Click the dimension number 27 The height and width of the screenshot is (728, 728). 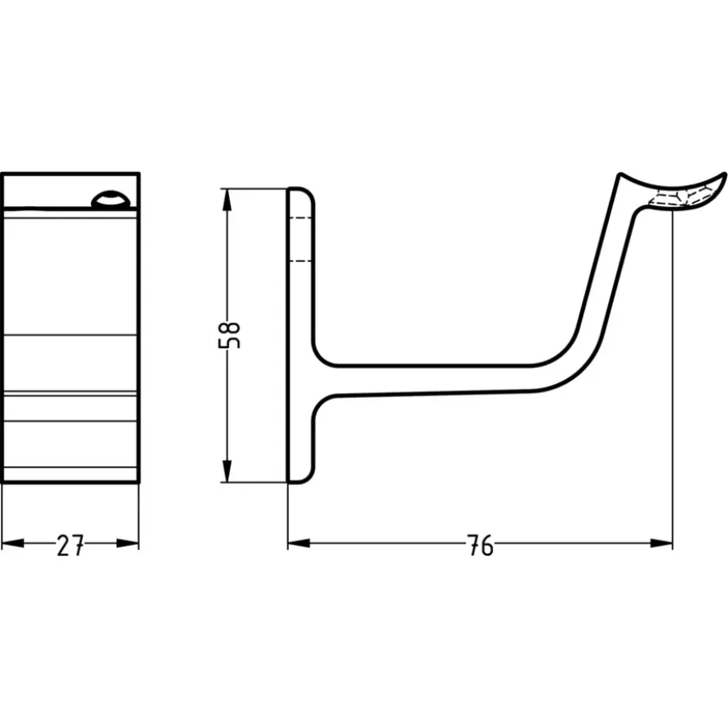(x=70, y=545)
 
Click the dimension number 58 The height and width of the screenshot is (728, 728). (x=229, y=335)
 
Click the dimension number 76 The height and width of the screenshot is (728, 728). (x=481, y=545)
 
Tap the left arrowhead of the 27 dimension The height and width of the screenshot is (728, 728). (x=13, y=543)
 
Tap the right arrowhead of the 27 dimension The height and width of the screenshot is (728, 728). (x=127, y=543)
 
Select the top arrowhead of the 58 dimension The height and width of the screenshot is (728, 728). (x=227, y=200)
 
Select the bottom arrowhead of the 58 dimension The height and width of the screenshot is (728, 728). (x=227, y=471)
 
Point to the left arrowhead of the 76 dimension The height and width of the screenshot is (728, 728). (x=299, y=543)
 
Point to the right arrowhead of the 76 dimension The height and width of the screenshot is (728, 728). (x=661, y=543)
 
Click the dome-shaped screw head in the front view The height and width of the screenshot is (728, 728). (x=111, y=199)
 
